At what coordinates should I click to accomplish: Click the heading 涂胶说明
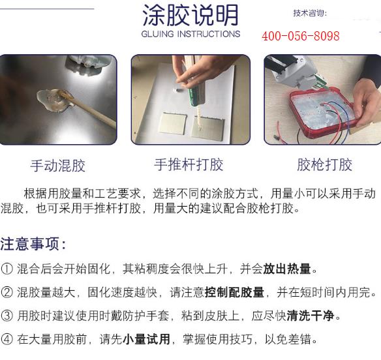point(190,14)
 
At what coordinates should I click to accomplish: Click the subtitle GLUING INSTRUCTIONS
point(190,34)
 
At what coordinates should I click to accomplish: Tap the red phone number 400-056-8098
point(300,36)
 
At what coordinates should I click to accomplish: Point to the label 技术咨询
point(310,13)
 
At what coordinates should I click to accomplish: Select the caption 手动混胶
point(57,165)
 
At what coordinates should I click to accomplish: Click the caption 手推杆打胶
point(189,164)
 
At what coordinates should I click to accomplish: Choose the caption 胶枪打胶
point(324,164)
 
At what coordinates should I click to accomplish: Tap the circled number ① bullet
point(7,269)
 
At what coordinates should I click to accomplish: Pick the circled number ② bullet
point(7,292)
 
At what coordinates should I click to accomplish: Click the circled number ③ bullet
point(7,316)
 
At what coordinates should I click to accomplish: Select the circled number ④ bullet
point(7,339)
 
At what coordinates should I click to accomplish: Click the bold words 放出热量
point(288,269)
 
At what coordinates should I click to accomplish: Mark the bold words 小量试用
point(147,339)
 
